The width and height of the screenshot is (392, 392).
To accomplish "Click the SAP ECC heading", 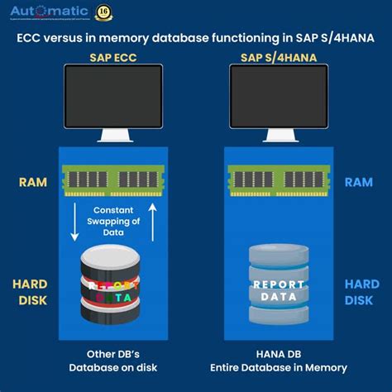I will (113, 57).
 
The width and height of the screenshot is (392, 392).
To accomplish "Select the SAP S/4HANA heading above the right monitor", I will (278, 57).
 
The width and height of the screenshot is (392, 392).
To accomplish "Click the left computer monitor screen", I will (113, 94).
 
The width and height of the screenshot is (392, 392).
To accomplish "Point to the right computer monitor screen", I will (278, 94).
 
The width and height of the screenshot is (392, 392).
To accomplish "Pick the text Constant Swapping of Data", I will (114, 221).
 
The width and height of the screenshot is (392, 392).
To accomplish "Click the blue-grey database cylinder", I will (279, 286).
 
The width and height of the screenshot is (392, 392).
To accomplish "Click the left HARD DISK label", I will (32, 292).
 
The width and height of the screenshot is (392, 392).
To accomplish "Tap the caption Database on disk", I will (114, 368).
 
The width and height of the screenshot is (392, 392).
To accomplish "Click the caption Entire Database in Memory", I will (278, 368).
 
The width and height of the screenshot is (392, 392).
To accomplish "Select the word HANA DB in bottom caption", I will (278, 353).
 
